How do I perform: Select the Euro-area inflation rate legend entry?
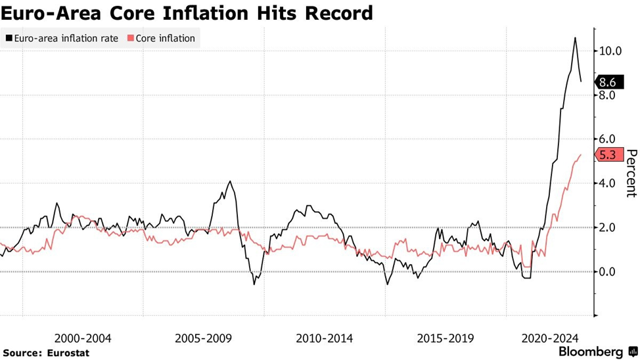[x=62, y=38]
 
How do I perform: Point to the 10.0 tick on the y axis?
[x=610, y=51]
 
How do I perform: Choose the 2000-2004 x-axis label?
[x=83, y=338]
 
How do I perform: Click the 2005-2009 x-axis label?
[x=204, y=338]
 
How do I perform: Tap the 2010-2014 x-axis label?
[x=325, y=338]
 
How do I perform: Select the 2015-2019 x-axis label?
[x=446, y=338]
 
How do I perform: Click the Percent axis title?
[x=631, y=173]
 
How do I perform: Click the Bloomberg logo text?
[x=591, y=351]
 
